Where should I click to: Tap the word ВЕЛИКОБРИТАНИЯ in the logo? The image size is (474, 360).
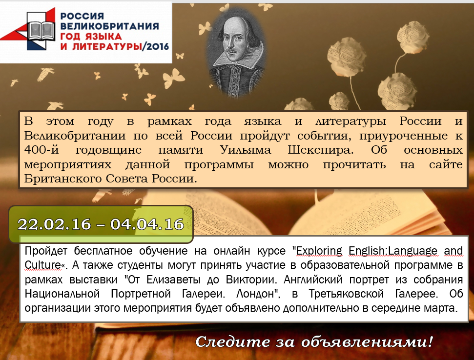tap(109, 26)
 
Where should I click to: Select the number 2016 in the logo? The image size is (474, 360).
tap(158, 46)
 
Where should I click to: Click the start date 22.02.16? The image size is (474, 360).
tap(54, 224)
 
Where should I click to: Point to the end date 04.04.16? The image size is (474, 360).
tap(147, 224)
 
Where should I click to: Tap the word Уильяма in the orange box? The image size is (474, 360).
tap(245, 150)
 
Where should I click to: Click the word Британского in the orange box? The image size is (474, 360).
tap(63, 179)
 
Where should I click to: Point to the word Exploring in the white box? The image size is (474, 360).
tap(319, 251)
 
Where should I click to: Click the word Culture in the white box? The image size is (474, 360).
tap(42, 265)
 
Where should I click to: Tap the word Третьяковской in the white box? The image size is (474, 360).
tap(346, 294)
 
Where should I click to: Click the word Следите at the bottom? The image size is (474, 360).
tap(232, 342)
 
